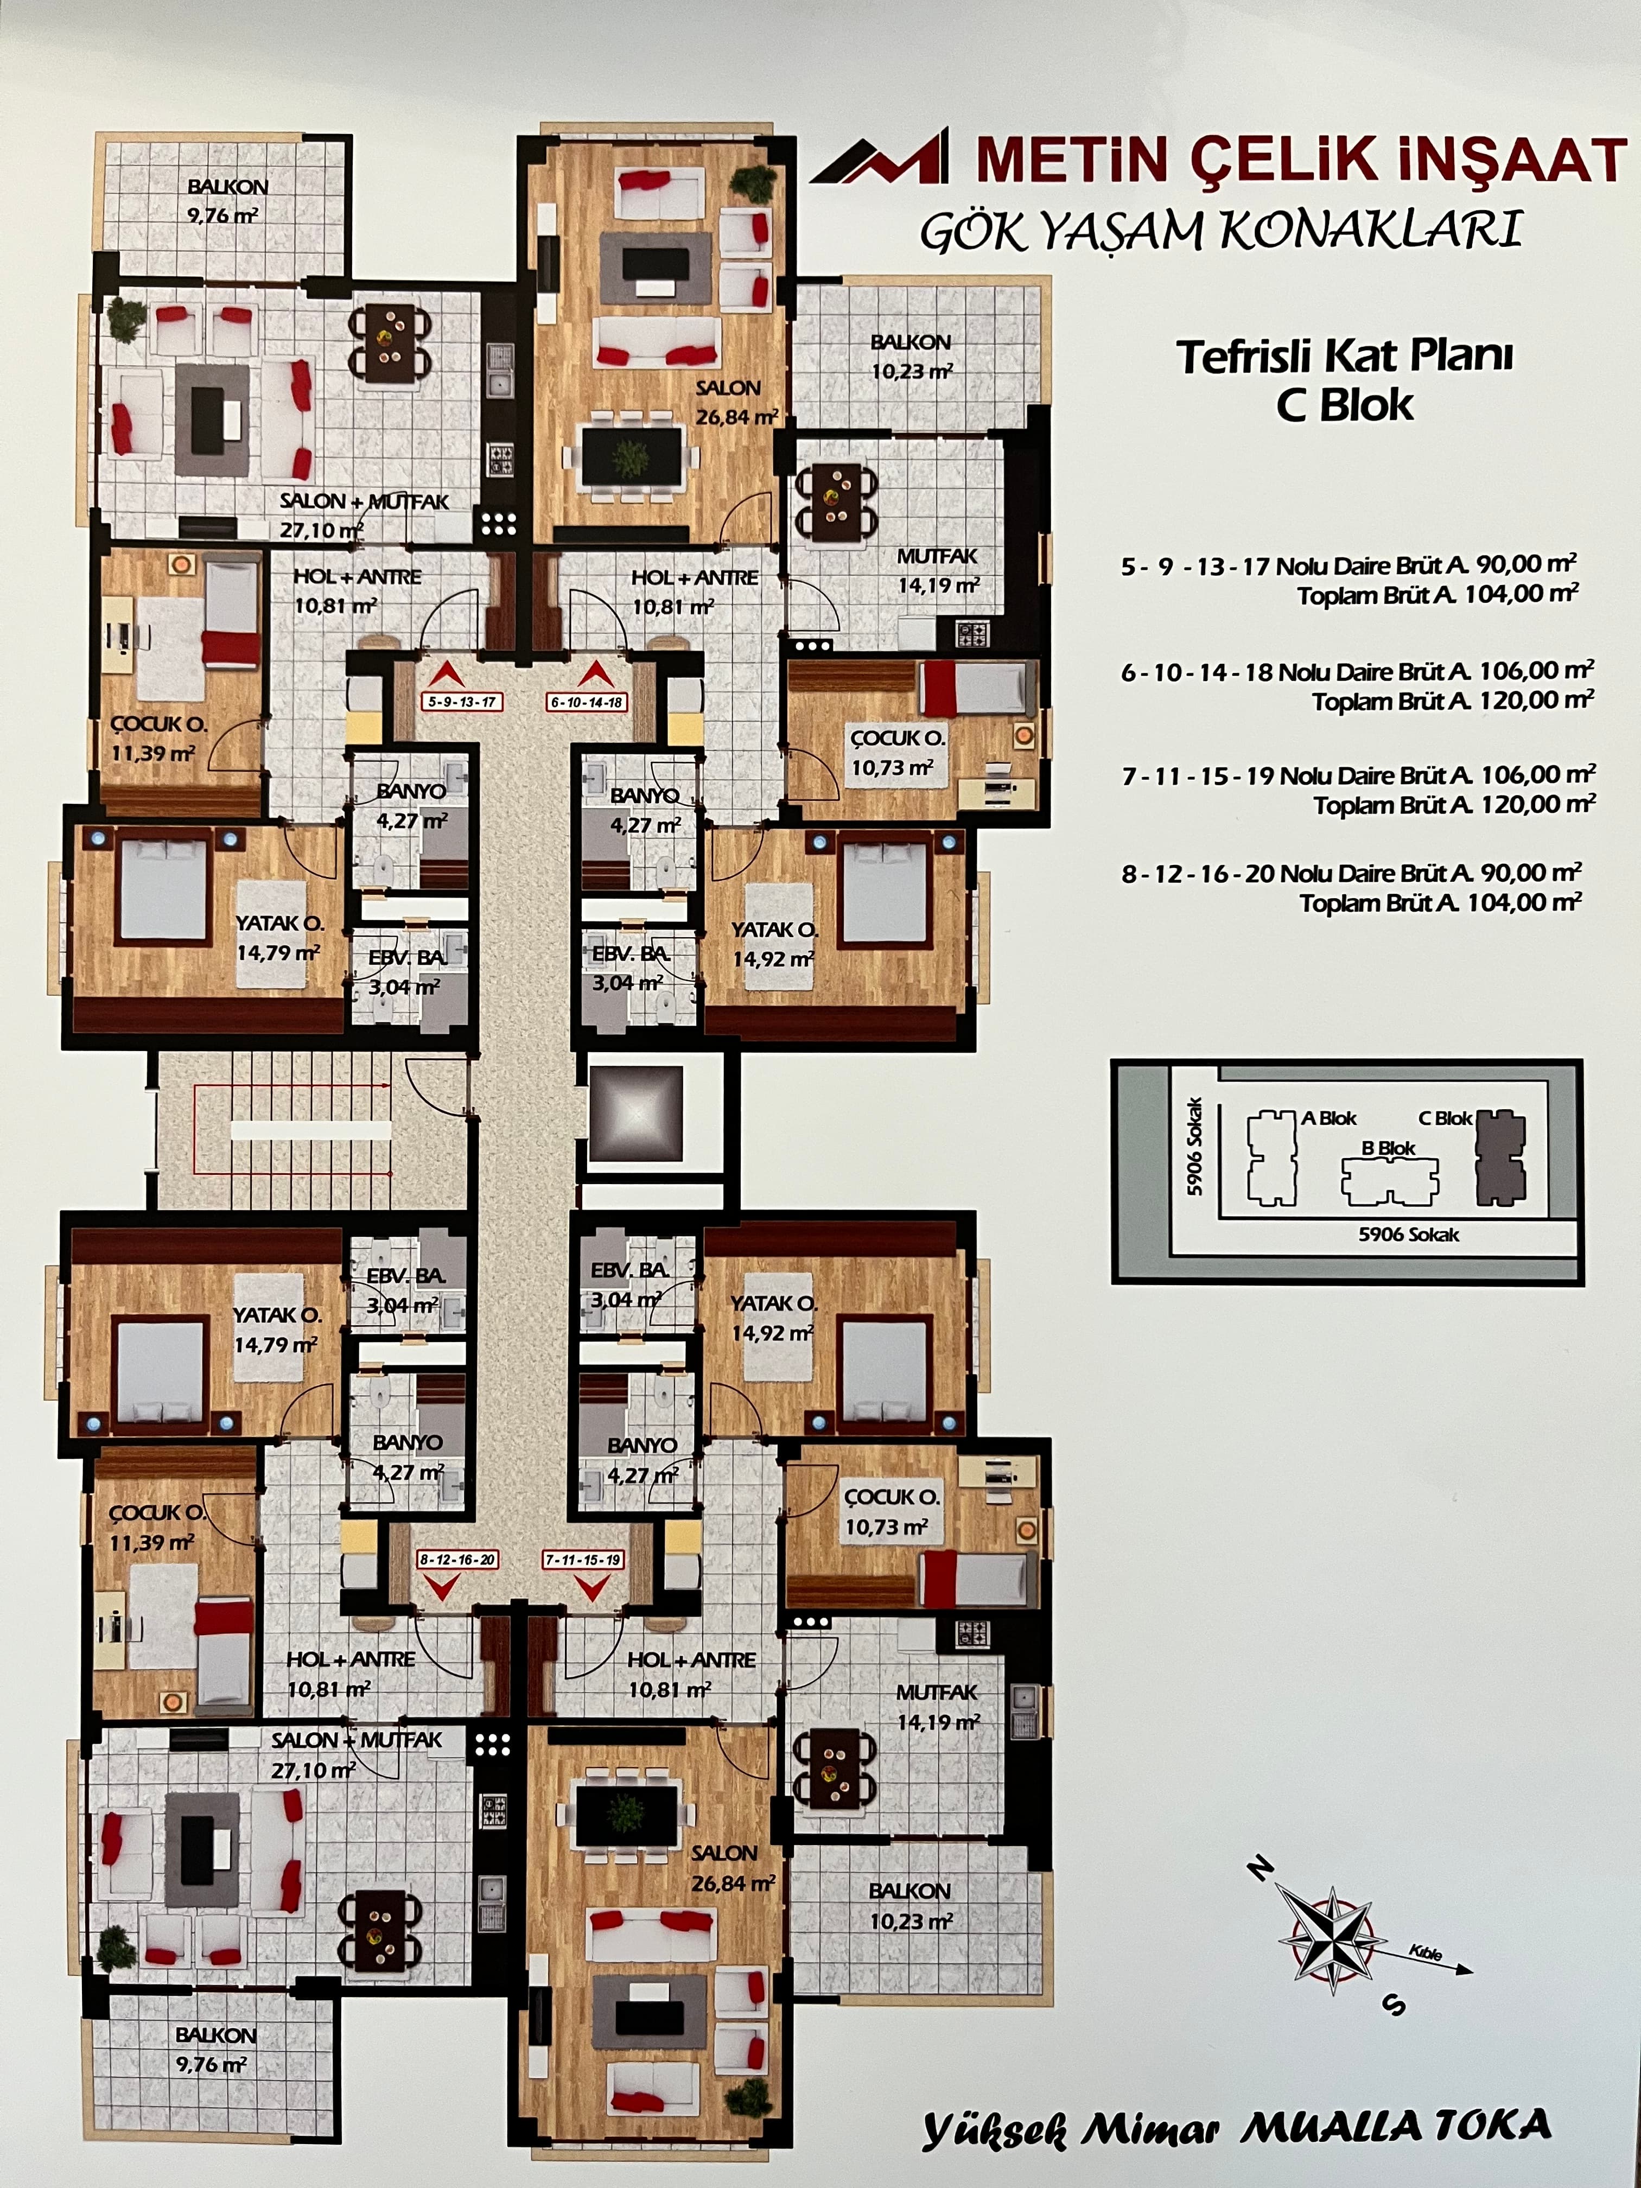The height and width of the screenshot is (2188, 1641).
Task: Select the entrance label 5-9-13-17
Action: point(462,702)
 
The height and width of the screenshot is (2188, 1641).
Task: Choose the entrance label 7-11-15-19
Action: point(583,1560)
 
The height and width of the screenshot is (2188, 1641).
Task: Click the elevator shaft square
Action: point(635,1113)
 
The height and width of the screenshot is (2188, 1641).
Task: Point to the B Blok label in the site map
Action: point(1389,1148)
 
